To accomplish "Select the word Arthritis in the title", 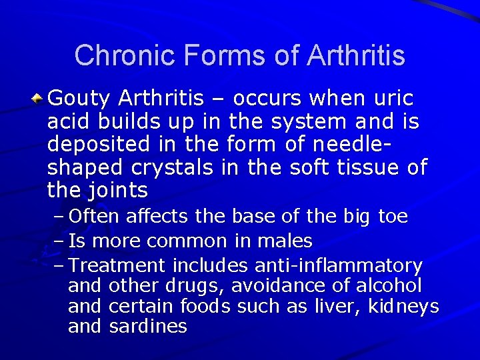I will pyautogui.click(x=355, y=55).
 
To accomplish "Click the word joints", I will pyautogui.click(x=119, y=191).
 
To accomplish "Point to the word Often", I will pyautogui.click(x=94, y=217).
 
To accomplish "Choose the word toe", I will pyautogui.click(x=393, y=217).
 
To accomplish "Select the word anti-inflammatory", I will pyautogui.click(x=338, y=265).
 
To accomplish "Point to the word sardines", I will pyautogui.click(x=147, y=327).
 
